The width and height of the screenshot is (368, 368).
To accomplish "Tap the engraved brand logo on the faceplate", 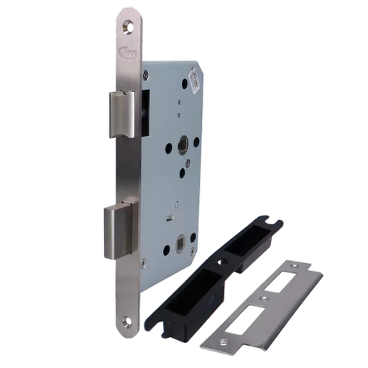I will click(x=127, y=53).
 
